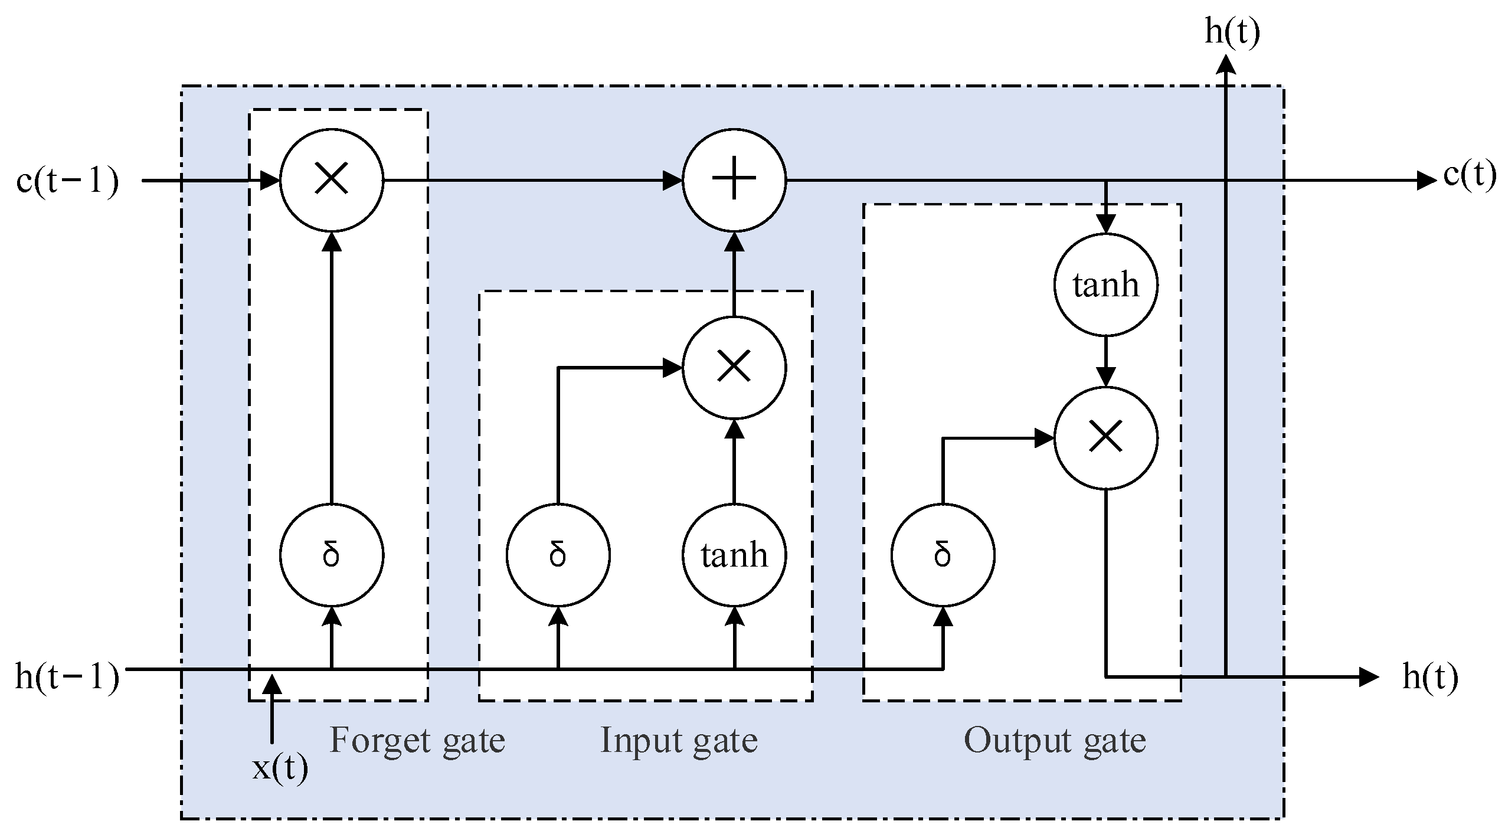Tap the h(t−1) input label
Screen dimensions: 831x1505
(67, 676)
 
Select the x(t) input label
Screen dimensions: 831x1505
(280, 768)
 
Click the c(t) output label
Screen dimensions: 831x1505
(1470, 175)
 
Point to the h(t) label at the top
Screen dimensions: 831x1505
(1232, 32)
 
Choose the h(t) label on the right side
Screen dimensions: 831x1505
(1430, 676)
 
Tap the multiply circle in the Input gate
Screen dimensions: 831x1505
(734, 368)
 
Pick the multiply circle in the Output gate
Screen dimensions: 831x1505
(1105, 439)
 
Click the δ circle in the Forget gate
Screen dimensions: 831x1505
(332, 555)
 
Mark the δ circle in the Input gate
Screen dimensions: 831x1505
(558, 555)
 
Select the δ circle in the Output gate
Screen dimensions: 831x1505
(943, 555)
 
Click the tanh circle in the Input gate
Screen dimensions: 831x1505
(734, 555)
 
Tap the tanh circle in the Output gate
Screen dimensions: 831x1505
(1105, 285)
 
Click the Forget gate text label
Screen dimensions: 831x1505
(417, 740)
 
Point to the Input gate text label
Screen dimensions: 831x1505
(679, 740)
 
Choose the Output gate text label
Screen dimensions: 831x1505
(1055, 740)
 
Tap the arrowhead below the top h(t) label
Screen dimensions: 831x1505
(1226, 64)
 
